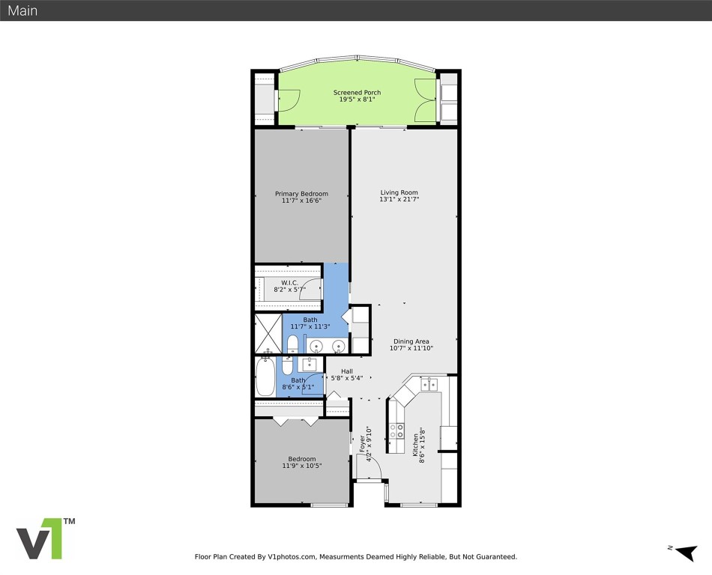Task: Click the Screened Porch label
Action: point(357,93)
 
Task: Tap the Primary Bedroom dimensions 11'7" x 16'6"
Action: point(301,201)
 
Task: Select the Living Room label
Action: point(399,192)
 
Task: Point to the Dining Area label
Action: point(411,341)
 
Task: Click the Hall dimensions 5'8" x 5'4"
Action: point(346,378)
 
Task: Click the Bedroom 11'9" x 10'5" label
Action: point(301,459)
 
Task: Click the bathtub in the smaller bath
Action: point(265,378)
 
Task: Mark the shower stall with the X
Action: point(267,332)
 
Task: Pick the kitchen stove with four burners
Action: point(396,431)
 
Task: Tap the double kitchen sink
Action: point(429,385)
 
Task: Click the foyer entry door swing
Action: point(371,469)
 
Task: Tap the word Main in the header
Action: point(22,11)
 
